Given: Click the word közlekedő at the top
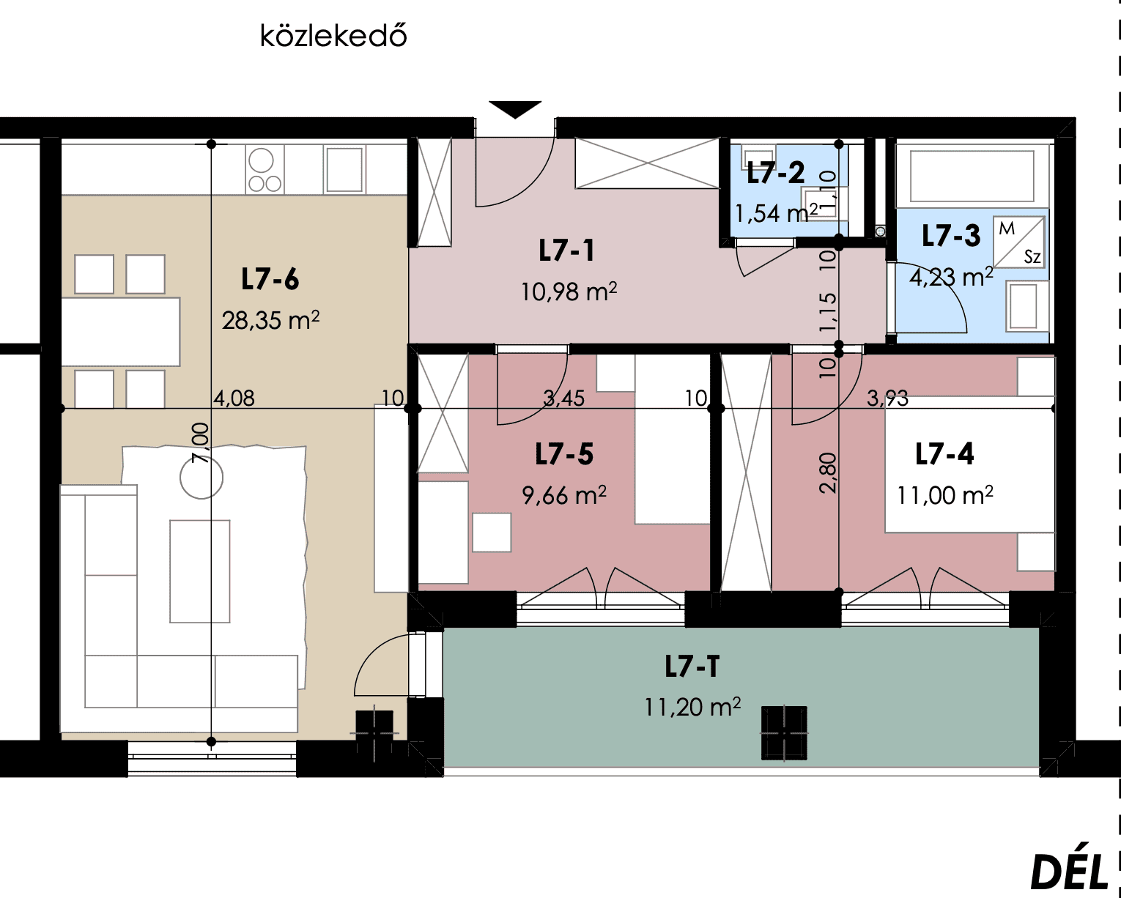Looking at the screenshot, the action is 333,37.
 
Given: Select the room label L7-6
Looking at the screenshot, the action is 270,279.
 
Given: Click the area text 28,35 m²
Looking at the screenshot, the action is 271,320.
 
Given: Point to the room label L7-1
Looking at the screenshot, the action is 567,251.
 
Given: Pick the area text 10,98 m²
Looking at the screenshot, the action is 569,292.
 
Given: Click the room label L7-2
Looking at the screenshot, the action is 776,173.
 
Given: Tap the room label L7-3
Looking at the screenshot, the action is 951,235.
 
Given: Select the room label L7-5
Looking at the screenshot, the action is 564,453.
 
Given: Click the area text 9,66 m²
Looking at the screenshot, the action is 564,495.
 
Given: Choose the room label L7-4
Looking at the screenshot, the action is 944,453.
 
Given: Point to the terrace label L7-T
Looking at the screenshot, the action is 692,667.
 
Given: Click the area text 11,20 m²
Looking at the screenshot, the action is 692,707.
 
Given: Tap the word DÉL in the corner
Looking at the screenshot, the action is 1069,872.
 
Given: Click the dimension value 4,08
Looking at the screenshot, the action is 234,398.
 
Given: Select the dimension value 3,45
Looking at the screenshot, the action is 563,398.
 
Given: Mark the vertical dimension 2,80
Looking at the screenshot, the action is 828,472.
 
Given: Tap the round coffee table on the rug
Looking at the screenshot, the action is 201,477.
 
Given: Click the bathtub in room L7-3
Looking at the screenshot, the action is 972,177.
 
